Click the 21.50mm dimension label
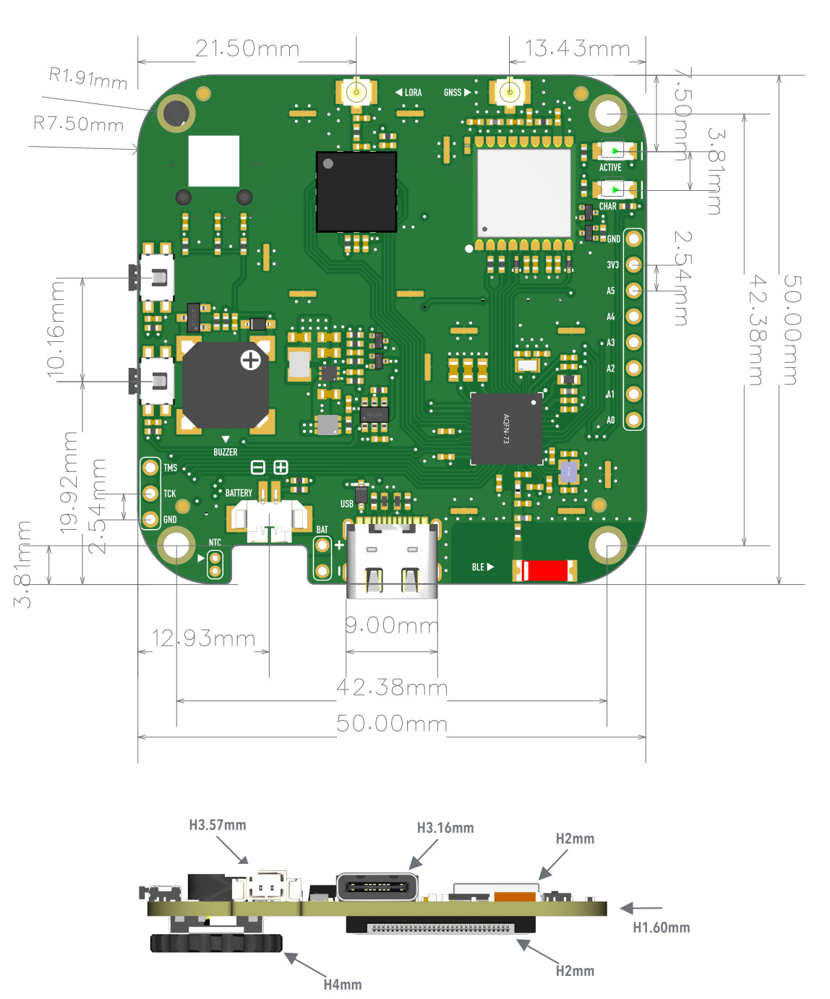tap(247, 49)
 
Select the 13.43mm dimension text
tap(577, 49)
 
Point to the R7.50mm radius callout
tap(78, 124)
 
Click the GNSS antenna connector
tap(510, 93)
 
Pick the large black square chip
tap(356, 192)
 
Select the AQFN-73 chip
tap(506, 429)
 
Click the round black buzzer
tap(226, 385)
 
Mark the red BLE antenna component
tap(545, 570)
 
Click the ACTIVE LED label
tap(610, 168)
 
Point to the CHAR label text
tap(608, 206)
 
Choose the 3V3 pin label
tap(612, 265)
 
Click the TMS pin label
tap(170, 468)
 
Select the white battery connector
tap(269, 519)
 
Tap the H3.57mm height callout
tap(218, 825)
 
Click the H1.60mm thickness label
tap(661, 927)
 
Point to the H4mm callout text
tap(343, 985)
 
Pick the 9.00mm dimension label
tap(392, 625)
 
